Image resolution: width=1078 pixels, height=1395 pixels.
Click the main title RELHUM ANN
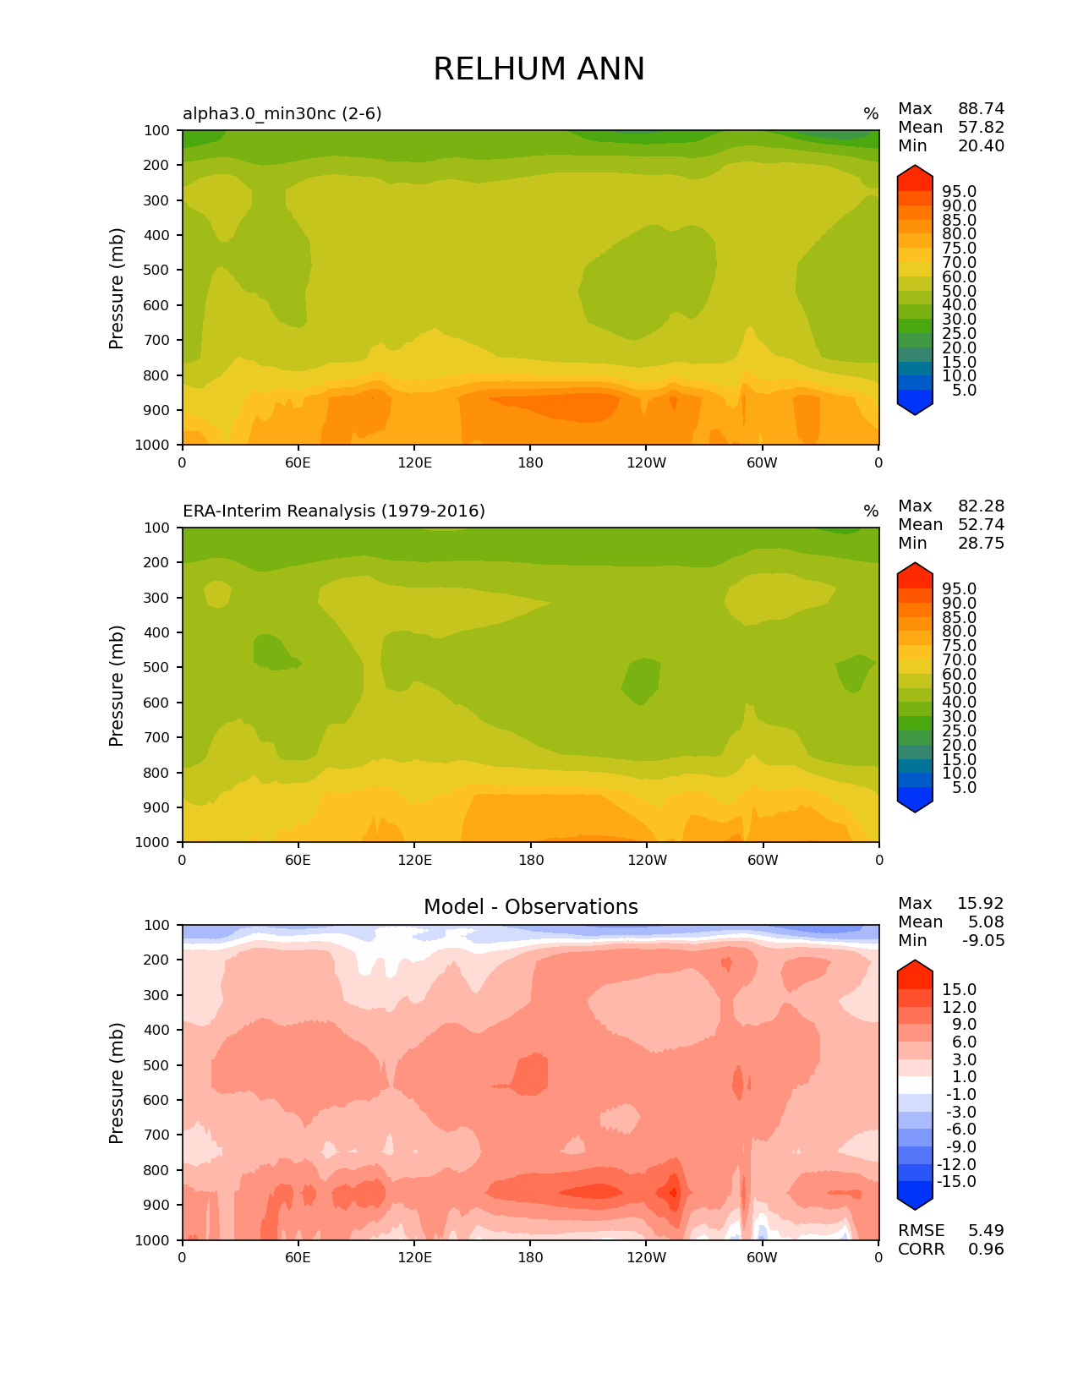[539, 69]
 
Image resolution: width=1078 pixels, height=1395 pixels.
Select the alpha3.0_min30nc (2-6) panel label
[282, 113]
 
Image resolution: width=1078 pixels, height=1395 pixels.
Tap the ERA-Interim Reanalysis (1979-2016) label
[334, 511]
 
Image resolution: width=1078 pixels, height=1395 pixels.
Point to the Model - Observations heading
[530, 907]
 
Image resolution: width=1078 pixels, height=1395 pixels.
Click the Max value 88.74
[981, 109]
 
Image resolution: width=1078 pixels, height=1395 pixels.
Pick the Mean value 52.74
[981, 525]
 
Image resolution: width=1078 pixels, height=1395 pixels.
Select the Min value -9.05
[983, 941]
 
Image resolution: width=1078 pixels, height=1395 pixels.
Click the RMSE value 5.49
[986, 1231]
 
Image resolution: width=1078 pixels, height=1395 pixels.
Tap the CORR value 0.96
[986, 1250]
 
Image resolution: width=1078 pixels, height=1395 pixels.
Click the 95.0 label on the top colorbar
[960, 192]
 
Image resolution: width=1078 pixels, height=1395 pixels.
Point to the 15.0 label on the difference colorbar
[960, 990]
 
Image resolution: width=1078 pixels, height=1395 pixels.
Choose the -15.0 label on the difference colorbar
[957, 1182]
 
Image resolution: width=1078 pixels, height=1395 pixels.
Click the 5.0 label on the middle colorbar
[964, 788]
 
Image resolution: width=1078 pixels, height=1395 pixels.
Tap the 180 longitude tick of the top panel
[530, 463]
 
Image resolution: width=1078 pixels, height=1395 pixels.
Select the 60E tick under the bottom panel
[298, 1258]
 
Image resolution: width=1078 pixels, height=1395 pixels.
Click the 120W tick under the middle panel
[647, 861]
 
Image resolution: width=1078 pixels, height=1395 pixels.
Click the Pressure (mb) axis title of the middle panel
[117, 686]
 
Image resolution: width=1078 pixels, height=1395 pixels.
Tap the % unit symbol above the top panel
[871, 114]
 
